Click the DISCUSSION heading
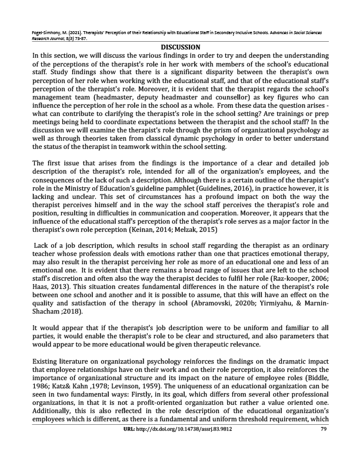tap(180, 47)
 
